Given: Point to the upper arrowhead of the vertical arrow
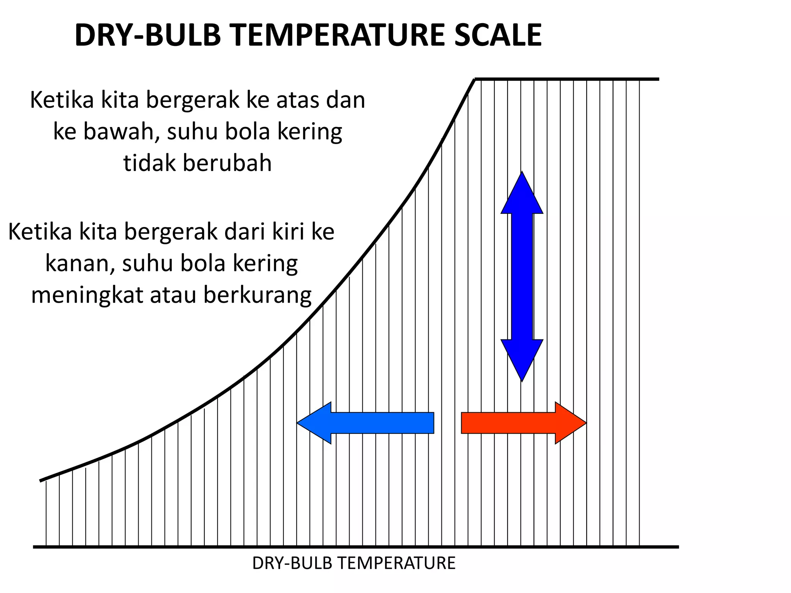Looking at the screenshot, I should [x=522, y=193].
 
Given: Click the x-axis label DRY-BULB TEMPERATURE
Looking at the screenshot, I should [x=354, y=563].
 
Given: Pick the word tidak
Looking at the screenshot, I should [x=149, y=163].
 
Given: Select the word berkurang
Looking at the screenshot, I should [x=257, y=296].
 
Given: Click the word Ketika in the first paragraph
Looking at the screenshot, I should [x=62, y=100].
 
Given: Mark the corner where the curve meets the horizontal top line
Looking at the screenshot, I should [x=475, y=79].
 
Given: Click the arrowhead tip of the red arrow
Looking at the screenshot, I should [x=586, y=423].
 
